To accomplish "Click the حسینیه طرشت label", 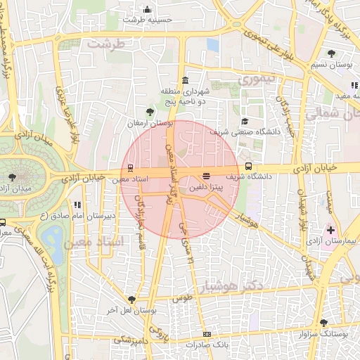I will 147,20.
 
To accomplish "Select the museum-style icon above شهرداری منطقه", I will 185,79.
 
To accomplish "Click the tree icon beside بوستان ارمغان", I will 148,112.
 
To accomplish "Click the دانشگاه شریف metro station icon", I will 249,167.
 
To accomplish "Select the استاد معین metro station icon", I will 129,167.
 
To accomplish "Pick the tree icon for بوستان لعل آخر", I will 131,300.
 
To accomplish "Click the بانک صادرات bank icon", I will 206,335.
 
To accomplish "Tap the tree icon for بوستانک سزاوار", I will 323,313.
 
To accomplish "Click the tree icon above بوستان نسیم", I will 331,53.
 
